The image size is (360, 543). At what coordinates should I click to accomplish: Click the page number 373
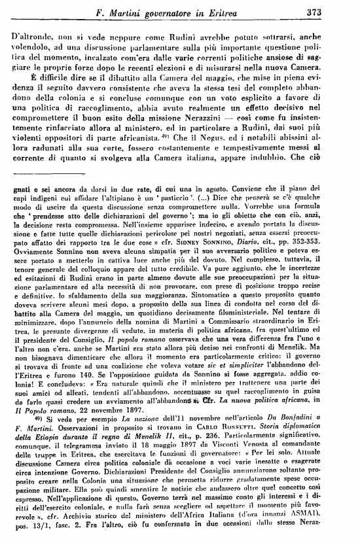click(337, 10)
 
